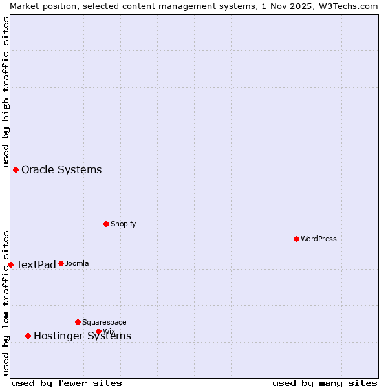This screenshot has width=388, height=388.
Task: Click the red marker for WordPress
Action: click(296, 239)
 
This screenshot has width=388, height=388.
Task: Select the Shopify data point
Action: click(106, 224)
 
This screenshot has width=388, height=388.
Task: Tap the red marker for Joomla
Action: click(61, 263)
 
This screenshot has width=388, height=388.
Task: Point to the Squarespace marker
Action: click(78, 322)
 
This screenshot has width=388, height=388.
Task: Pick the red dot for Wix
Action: click(98, 331)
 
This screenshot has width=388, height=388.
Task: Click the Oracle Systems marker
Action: click(16, 169)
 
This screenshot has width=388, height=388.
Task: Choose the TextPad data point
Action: click(10, 264)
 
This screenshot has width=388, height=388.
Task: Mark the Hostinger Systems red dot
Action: click(28, 336)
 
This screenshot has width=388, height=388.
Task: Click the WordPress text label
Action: click(319, 239)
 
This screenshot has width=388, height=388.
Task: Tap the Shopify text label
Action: click(123, 224)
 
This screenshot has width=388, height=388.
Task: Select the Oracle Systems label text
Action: click(61, 169)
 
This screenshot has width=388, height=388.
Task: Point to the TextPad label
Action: click(36, 264)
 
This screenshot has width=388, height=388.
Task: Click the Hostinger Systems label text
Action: click(82, 336)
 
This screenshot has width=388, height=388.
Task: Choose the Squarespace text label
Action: click(104, 322)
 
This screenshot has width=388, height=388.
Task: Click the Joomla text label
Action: click(77, 263)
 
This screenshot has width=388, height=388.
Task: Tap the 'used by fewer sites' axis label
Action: click(67, 383)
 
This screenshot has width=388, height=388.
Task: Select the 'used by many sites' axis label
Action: click(325, 383)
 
